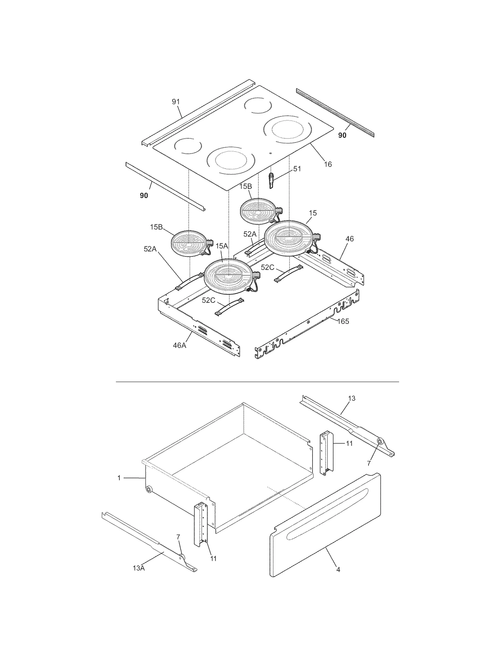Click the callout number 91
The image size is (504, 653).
176,102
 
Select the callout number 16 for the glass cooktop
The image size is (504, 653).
328,164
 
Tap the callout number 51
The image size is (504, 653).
297,169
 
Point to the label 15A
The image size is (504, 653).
221,246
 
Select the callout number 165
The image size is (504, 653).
343,321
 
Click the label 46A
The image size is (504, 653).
179,345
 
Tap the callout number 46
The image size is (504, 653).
349,239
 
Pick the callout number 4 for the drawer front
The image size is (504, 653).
338,569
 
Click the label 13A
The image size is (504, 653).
139,568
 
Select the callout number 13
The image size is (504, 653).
352,398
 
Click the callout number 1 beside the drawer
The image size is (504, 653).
119,478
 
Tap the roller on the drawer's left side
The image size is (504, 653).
148,489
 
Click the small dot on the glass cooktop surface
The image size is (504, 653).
271,153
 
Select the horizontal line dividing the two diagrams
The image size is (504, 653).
257,382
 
